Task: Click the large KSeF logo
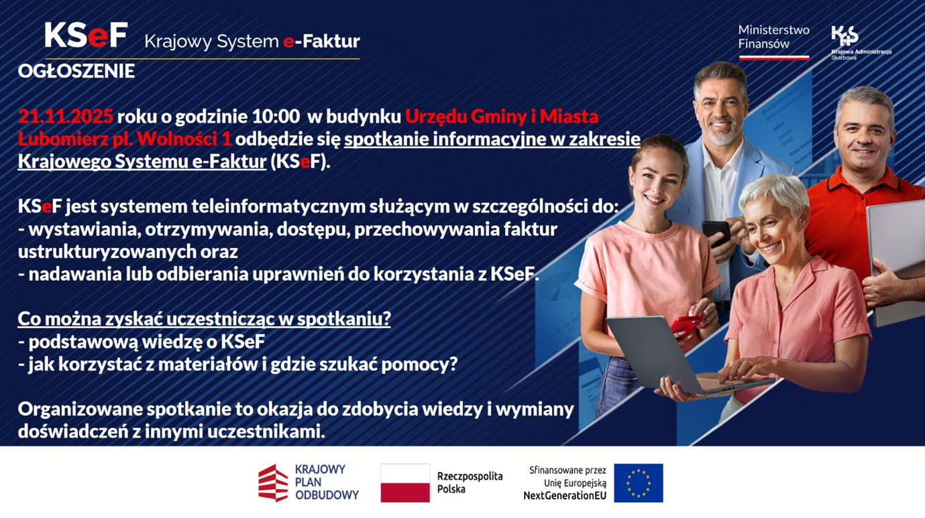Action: tap(86, 35)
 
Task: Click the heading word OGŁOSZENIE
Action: tap(76, 71)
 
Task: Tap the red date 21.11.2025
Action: tap(65, 117)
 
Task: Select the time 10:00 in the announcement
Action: tap(276, 117)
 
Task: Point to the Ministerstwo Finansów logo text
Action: tap(773, 37)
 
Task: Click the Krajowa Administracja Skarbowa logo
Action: tap(861, 42)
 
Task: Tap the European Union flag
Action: tap(639, 483)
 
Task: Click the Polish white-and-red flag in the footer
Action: tap(405, 483)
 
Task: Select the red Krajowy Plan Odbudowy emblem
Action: tap(273, 483)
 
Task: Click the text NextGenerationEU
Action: tap(565, 496)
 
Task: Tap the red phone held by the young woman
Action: tap(686, 326)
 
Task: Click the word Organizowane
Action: tap(80, 409)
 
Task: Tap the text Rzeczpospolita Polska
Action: tap(470, 482)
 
